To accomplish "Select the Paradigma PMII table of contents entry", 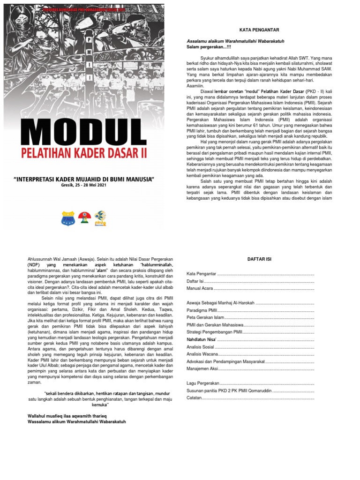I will point(202,311).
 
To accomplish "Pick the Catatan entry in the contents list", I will point(194,397).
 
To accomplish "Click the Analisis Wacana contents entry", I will point(202,355).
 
